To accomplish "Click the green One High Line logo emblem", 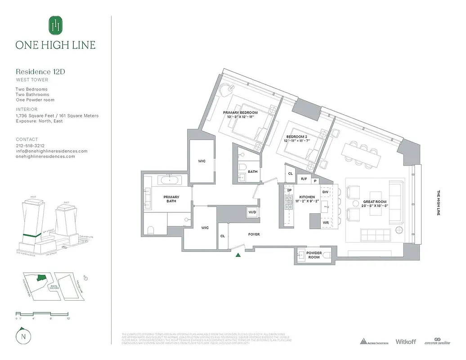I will (55, 25).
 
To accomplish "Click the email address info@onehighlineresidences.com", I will (51, 151).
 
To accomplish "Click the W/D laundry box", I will (252, 212).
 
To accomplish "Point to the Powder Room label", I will (314, 255).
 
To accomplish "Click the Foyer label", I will (254, 234).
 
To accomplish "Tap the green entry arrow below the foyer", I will (238, 255).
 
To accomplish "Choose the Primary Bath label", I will (171, 199).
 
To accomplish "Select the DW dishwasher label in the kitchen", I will (325, 192).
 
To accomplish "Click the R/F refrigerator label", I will (304, 179).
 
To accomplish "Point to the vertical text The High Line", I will (439, 202).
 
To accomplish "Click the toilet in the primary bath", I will (151, 230).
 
